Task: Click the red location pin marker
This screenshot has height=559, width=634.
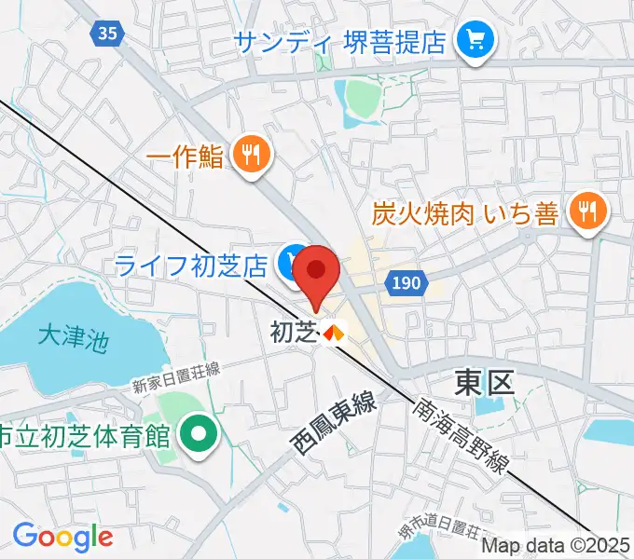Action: (317, 272)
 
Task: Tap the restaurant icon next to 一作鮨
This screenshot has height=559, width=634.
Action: (249, 155)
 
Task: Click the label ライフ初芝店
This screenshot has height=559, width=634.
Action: (192, 265)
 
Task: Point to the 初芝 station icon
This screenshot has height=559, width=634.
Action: (334, 331)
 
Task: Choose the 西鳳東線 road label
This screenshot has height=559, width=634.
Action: (335, 424)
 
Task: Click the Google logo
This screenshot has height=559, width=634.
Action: (62, 538)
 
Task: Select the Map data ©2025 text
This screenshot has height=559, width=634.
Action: (557, 546)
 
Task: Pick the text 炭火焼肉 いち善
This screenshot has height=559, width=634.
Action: (465, 213)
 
